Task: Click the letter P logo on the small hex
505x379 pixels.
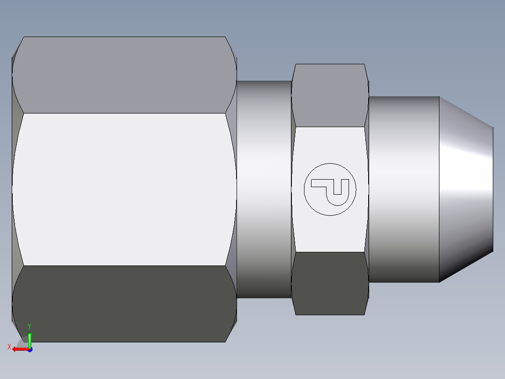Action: coord(330,189)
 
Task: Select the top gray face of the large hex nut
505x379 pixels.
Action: coord(124,75)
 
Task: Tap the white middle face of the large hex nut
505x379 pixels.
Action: coord(124,189)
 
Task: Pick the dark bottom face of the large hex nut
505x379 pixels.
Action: coord(124,303)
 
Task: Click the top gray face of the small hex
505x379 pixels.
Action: coord(329,95)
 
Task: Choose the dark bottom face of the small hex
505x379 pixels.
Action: coord(329,283)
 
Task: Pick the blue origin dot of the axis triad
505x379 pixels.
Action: coord(30,349)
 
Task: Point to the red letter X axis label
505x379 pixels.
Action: coord(9,347)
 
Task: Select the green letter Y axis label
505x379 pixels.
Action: coord(29,326)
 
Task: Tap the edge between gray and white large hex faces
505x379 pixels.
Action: coord(124,113)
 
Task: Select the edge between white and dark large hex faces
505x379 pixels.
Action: coord(124,265)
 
